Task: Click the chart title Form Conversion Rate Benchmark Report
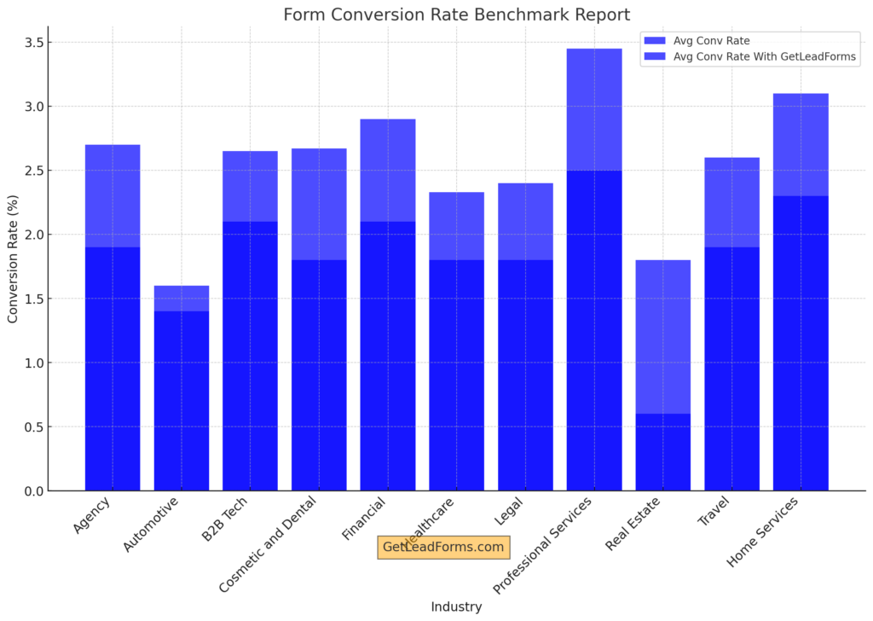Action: pos(456,15)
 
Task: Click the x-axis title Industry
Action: pos(456,607)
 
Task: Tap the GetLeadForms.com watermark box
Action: pos(443,548)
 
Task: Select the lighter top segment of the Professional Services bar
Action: pos(594,109)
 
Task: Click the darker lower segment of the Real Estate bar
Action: pos(663,452)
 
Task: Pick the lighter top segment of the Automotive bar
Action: pos(182,299)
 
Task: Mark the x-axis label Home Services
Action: pos(764,531)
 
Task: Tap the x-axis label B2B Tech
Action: pos(225,519)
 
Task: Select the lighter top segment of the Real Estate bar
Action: pos(663,337)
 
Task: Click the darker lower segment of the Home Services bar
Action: pos(801,341)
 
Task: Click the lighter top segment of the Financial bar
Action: pos(388,171)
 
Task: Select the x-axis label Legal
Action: pos(508,513)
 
